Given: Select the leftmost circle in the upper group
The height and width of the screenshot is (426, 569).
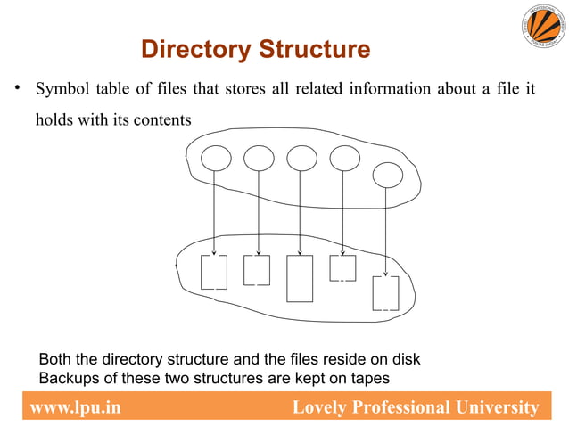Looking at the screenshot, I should pos(215,158).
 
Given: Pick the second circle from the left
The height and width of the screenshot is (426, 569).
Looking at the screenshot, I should pos(258,158).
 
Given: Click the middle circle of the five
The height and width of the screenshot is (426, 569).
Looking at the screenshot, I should pos(301,158).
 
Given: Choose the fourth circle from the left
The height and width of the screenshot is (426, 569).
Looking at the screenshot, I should pos(344,158).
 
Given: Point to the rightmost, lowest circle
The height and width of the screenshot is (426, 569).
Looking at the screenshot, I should pos(387,175).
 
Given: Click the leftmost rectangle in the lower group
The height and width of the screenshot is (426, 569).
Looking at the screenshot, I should pos(214,272).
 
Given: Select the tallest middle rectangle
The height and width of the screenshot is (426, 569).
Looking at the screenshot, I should pos(300,278).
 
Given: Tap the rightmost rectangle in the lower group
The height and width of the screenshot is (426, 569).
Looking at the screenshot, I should pos(385,292).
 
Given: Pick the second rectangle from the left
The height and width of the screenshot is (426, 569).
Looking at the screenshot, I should pos(257,270).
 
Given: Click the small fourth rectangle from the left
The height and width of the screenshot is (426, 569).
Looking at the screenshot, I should pos(342,267).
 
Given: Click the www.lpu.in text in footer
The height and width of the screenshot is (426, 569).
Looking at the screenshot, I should pos(75,408).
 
